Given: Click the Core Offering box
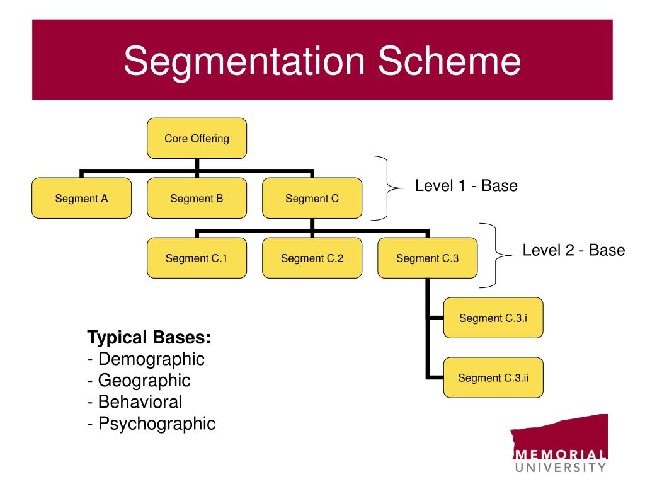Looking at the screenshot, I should pyautogui.click(x=197, y=138).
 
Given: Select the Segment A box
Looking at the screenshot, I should pyautogui.click(x=81, y=198).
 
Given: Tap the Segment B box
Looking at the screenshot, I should pyautogui.click(x=197, y=198).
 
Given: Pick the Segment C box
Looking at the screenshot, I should pyautogui.click(x=312, y=198).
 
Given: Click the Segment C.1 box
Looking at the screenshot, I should pyautogui.click(x=197, y=258).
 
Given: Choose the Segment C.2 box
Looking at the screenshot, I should pyautogui.click(x=312, y=258).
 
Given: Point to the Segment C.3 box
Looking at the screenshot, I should pyautogui.click(x=427, y=258).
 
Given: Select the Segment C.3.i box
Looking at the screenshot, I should pyautogui.click(x=493, y=318).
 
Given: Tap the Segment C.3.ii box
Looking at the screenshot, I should pyautogui.click(x=493, y=377).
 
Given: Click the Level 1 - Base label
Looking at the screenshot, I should pyautogui.click(x=465, y=187).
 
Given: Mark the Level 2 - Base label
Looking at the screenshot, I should pyautogui.click(x=573, y=250).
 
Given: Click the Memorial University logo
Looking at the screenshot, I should pyautogui.click(x=559, y=444).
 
